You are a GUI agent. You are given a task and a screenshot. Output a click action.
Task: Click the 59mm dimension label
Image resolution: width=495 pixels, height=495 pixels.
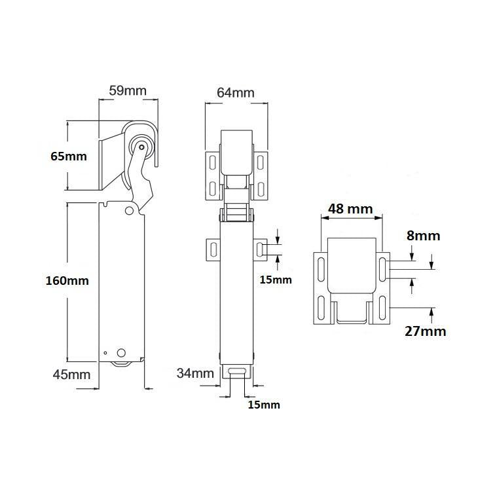pyautogui.click(x=128, y=90)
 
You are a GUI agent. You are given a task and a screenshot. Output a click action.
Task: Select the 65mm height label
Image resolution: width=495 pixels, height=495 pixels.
pyautogui.click(x=69, y=156)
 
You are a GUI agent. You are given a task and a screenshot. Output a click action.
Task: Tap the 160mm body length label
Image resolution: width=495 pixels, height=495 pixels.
pyautogui.click(x=67, y=280)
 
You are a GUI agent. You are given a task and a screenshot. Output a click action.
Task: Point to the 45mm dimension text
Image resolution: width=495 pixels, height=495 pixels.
pyautogui.click(x=71, y=375)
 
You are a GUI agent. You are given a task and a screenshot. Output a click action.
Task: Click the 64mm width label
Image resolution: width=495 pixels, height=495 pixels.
pyautogui.click(x=235, y=92)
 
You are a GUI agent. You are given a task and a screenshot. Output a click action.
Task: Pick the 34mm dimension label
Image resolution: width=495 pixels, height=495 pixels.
pyautogui.click(x=195, y=374)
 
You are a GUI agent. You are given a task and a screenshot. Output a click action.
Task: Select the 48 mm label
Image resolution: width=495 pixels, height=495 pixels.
pyautogui.click(x=350, y=210)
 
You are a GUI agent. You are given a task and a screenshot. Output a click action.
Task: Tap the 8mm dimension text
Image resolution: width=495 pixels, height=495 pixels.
pyautogui.click(x=423, y=236)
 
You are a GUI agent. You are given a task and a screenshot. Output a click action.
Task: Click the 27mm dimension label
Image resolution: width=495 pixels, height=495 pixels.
pyautogui.click(x=425, y=331)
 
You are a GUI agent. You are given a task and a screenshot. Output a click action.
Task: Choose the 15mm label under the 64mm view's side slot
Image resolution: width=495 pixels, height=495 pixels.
pyautogui.click(x=276, y=280)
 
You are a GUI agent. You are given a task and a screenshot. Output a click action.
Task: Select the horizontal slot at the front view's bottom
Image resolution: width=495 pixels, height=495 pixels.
pyautogui.click(x=237, y=371)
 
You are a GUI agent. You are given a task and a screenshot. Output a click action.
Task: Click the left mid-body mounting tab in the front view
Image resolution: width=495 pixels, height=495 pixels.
pyautogui.click(x=212, y=248)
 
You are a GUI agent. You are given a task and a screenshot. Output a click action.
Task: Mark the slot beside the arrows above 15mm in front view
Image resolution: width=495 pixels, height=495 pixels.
pyautogui.click(x=261, y=248)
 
